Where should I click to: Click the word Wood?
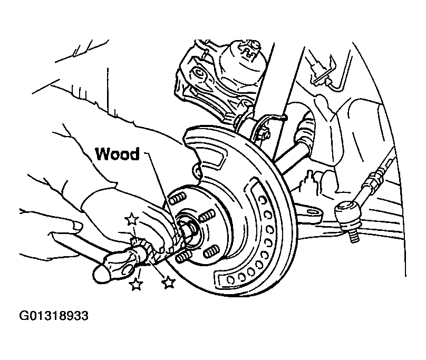point(117,154)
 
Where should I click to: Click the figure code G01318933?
point(54,316)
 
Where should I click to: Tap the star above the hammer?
point(131,219)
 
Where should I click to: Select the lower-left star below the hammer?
point(135,284)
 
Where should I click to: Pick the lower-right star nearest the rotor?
point(168,282)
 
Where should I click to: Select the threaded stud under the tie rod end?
point(353,235)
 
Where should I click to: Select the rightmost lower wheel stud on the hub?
point(211,251)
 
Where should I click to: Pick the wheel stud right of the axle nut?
point(207,216)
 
